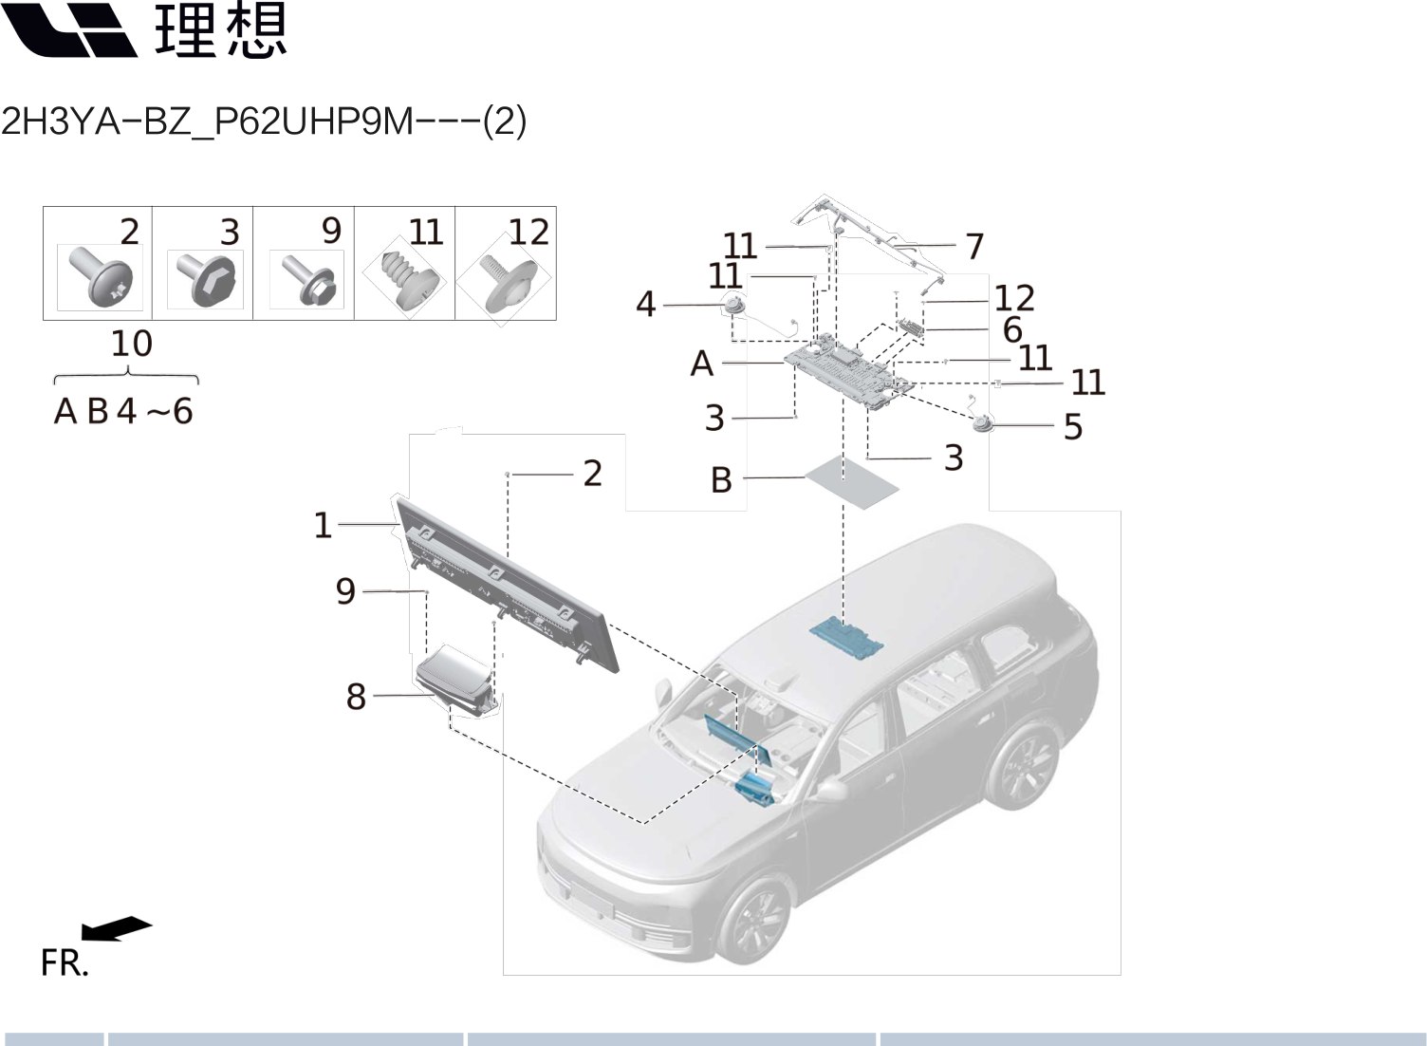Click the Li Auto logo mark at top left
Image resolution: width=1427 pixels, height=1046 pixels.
point(70,30)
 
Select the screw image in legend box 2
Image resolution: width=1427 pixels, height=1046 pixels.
point(100,277)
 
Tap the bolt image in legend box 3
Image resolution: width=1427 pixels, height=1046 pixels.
point(204,279)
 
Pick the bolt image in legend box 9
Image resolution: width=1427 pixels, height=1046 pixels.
point(306,279)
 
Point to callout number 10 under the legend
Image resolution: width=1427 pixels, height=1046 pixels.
point(131,344)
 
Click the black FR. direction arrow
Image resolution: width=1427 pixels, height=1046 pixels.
point(116,927)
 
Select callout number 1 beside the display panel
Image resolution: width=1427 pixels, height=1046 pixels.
point(323,525)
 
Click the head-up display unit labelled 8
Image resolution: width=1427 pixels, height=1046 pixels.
point(455,676)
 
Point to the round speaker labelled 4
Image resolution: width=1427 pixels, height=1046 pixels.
point(733,306)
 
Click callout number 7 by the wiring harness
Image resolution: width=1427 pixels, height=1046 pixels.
point(974,247)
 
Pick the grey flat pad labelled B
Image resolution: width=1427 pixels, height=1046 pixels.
point(851,482)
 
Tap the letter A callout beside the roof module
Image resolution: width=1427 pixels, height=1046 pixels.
point(701,364)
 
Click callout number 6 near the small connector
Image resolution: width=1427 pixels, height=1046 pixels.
point(1012,329)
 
